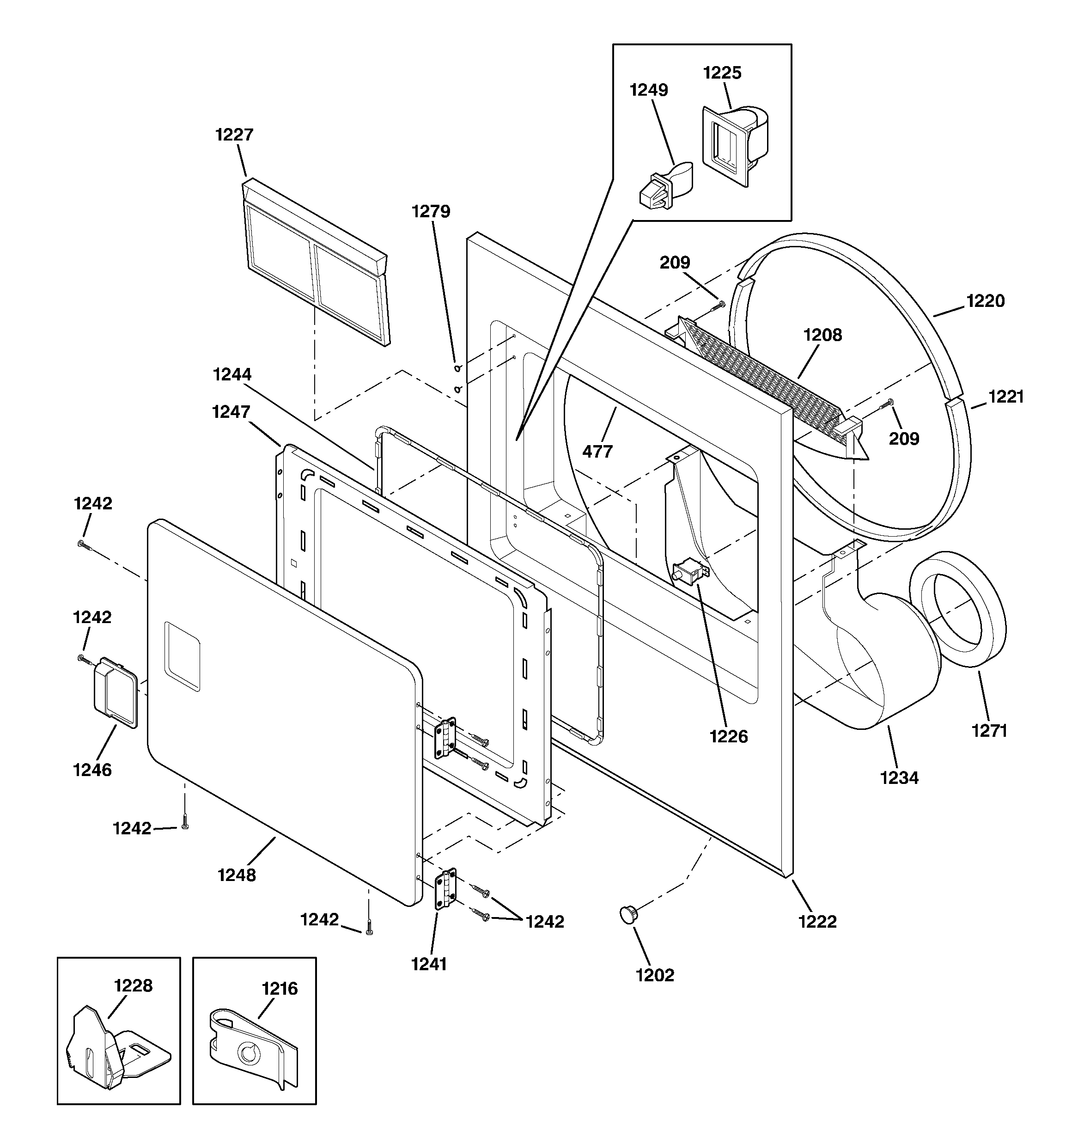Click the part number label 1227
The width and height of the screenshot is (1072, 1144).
tap(234, 135)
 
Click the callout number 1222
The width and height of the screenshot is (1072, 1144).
tap(817, 921)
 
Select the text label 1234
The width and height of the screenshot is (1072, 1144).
tap(899, 778)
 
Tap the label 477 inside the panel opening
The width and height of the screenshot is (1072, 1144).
tap(597, 452)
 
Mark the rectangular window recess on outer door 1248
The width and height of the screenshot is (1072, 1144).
tap(183, 656)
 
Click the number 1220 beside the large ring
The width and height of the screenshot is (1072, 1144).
tap(985, 301)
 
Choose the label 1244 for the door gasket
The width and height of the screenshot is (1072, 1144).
tap(232, 374)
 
